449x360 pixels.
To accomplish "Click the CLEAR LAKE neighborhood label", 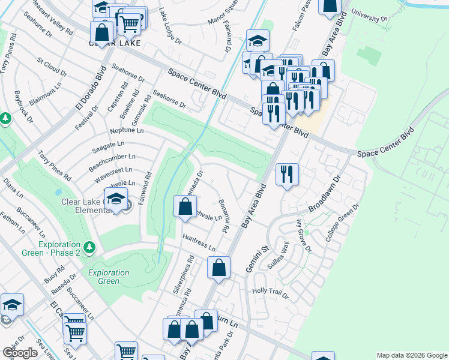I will pos(115,44).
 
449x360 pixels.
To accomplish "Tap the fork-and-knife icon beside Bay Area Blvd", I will pos(287,175).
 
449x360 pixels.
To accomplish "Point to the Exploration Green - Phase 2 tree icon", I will pos(89,247).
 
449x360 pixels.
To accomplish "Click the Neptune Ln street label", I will pos(127,130).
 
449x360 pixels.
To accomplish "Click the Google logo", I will pos(20,353).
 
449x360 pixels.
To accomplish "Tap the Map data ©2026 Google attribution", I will pos(412,355).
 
